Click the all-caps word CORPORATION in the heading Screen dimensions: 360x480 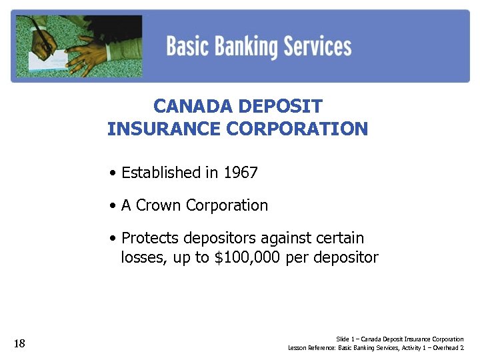(297, 129)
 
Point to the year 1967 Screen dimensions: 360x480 (240, 173)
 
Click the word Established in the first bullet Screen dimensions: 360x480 (161, 173)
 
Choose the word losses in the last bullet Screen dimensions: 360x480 (142, 257)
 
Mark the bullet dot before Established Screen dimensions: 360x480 (115, 173)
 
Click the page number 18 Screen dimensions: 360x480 (19, 344)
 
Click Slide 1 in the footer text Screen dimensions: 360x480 (345, 339)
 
